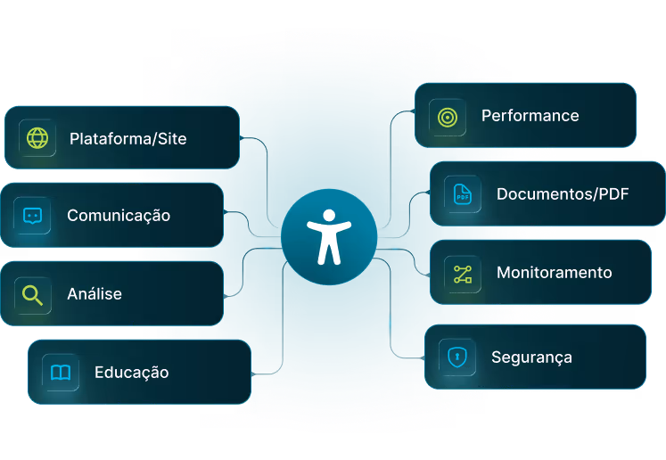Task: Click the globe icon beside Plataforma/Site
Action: click(37, 138)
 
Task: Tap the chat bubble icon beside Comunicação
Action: click(32, 216)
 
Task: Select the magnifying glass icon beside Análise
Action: click(33, 294)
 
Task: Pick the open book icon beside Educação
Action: click(61, 373)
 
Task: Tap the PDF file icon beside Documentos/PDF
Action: click(462, 193)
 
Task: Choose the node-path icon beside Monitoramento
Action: click(462, 273)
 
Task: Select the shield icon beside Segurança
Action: click(456, 357)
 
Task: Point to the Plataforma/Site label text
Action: click(127, 139)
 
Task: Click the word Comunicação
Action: click(119, 216)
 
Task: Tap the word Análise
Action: click(95, 294)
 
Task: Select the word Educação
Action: click(131, 373)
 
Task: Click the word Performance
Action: click(530, 116)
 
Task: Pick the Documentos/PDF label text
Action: click(563, 193)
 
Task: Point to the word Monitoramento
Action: click(554, 273)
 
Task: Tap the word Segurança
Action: click(531, 357)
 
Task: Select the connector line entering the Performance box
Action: click(406, 114)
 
